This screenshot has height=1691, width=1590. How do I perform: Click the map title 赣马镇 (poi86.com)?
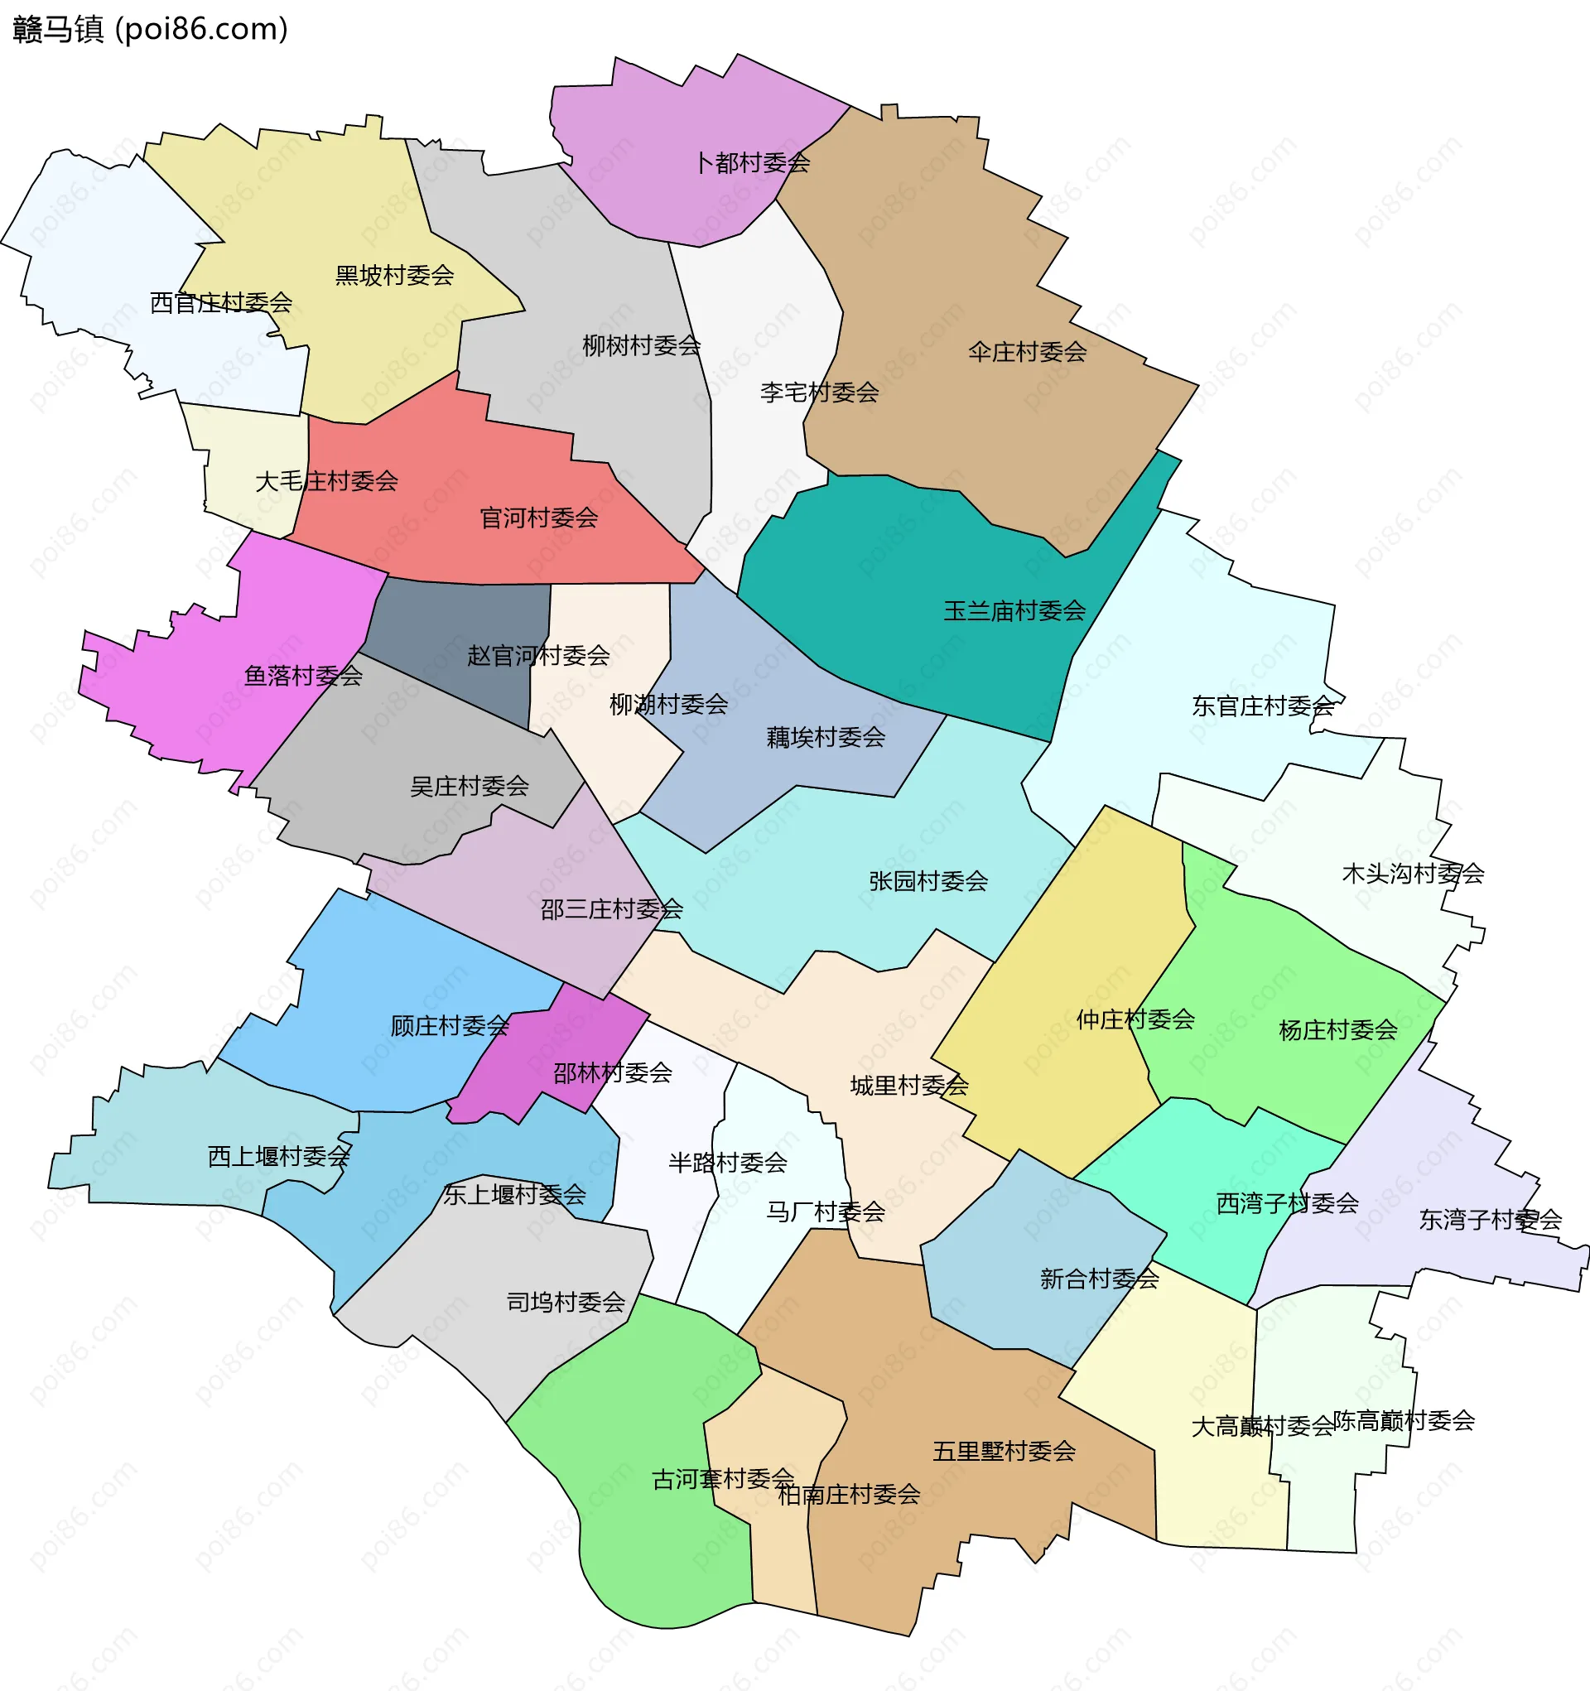151,29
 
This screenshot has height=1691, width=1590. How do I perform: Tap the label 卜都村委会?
752,162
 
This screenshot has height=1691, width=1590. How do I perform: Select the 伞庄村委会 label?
1027,351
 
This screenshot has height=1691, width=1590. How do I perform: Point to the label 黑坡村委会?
394,275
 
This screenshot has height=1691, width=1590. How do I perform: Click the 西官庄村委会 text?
221,302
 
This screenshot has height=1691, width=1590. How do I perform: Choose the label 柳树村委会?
642,345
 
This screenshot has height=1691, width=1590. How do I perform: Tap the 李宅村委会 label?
819,393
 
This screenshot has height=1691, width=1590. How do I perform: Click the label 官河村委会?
538,518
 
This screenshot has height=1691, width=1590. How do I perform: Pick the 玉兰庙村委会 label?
1014,609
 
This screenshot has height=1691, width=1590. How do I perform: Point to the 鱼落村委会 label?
303,676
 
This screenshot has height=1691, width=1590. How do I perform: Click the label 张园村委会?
928,880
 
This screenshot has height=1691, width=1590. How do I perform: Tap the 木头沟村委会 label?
1412,873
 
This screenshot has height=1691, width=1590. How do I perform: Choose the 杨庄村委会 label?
1338,1030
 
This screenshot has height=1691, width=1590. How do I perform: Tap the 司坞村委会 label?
566,1302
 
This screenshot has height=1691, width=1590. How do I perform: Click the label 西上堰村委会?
279,1156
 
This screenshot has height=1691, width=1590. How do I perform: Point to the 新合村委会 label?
1099,1279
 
